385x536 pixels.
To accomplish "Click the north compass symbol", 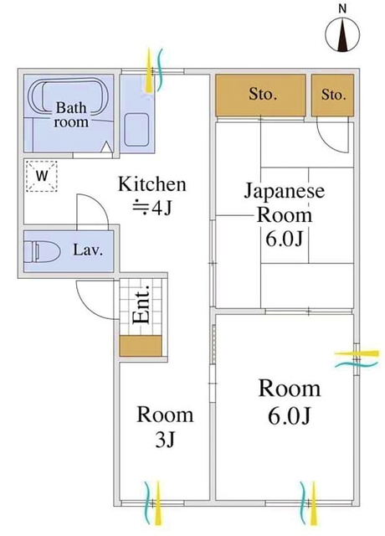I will pos(341,34).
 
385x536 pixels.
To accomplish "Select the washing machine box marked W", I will pos(40,176).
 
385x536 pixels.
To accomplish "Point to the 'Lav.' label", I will pos(87,250).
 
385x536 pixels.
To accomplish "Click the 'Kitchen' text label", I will pos(151,183).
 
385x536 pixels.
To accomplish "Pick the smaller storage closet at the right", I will pos(332,95).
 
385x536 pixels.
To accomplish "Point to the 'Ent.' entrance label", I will pos(141,305).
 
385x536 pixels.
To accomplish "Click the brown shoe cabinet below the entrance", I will pos(141,345).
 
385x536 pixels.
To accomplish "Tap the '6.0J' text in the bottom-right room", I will pos(290,416).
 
